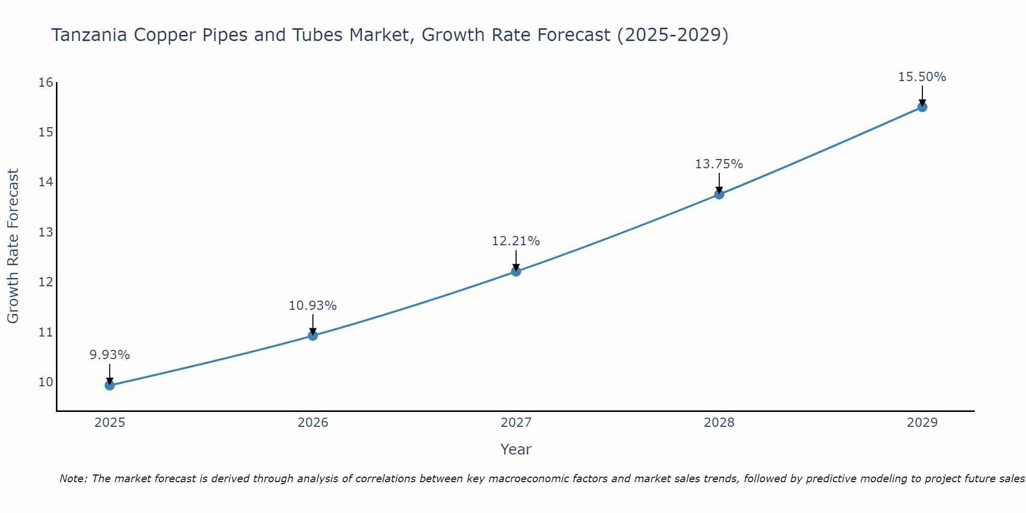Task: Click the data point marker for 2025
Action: point(110,385)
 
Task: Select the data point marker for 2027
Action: point(516,271)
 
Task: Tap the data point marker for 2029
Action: point(922,107)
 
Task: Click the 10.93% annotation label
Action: point(312,306)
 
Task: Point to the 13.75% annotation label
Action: point(719,164)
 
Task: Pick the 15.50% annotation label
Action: point(922,77)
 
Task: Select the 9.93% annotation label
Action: point(110,355)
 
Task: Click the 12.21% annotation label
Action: point(516,241)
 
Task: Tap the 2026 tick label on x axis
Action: point(313,423)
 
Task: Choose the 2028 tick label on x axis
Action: point(719,423)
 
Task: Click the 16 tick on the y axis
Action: point(46,83)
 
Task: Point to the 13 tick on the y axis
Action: point(46,232)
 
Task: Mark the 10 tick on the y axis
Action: point(46,382)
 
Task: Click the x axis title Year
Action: point(516,449)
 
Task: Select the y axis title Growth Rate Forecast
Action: point(13,246)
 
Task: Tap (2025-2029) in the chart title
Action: point(673,35)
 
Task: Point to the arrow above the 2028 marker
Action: point(719,183)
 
